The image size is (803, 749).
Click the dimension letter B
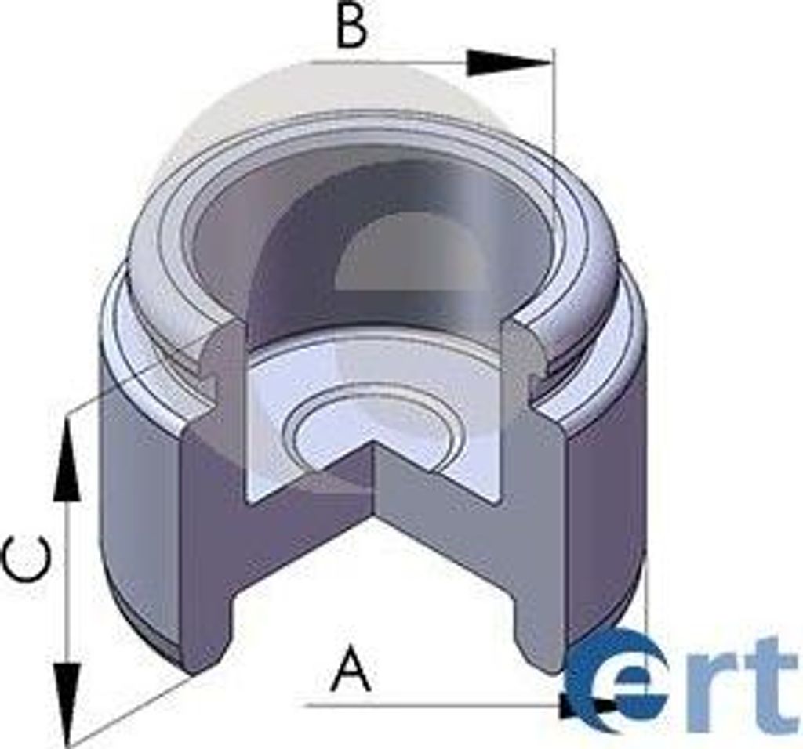(352, 28)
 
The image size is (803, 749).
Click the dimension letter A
(351, 668)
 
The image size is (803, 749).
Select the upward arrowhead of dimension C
(67, 462)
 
